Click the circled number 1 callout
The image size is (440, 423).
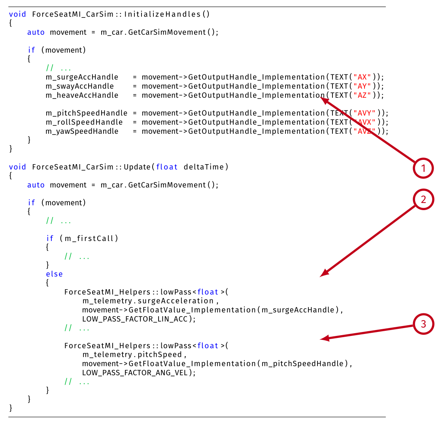click(x=423, y=169)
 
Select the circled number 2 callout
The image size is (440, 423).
click(x=423, y=200)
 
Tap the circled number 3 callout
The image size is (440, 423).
click(x=423, y=325)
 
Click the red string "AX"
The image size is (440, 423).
click(x=362, y=77)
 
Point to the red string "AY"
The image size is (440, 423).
click(x=362, y=86)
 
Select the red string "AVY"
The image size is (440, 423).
click(x=364, y=113)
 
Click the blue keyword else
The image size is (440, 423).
click(x=54, y=274)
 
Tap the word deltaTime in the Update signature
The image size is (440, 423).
click(x=204, y=167)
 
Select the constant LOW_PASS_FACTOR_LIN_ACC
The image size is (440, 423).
click(x=138, y=319)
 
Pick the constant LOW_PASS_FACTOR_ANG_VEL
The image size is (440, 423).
click(x=138, y=372)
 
